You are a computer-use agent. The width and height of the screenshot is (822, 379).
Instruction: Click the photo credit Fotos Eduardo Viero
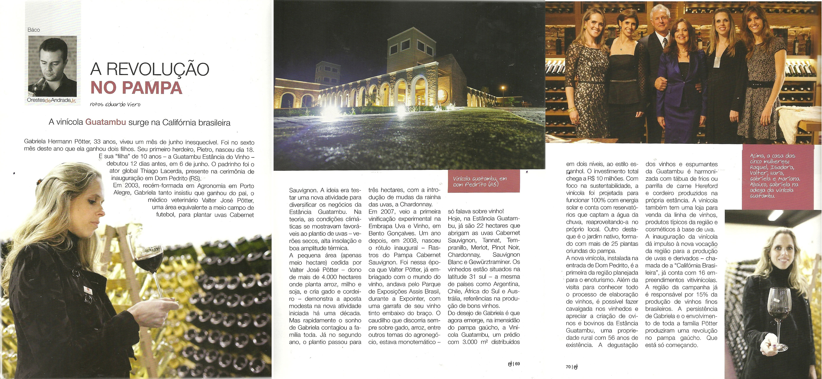pyautogui.click(x=115, y=104)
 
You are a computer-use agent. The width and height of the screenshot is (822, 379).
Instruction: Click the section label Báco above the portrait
pyautogui.click(x=33, y=30)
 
